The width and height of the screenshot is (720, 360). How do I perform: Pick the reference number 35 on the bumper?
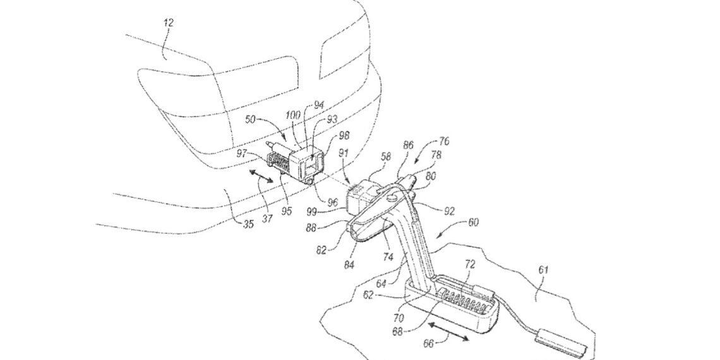coord(248,225)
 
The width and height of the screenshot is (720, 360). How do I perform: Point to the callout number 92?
coord(449,212)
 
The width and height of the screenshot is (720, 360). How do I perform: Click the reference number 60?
coord(473,222)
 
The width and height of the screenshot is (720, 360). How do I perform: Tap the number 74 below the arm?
coord(388,257)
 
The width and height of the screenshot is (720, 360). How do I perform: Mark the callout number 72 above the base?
coord(470,265)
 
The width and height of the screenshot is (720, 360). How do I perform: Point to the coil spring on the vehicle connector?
coord(279,164)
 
